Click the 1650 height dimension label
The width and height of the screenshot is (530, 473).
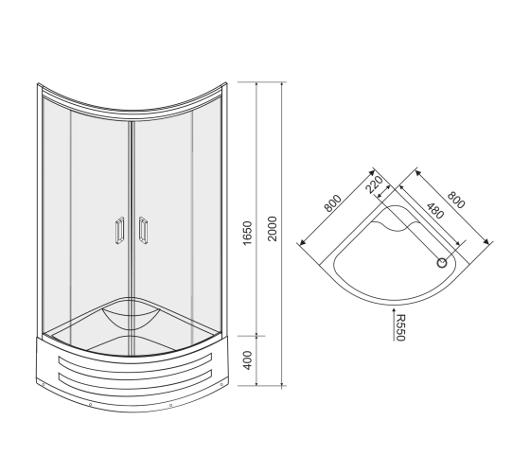[248, 233]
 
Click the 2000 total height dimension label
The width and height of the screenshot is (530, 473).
[273, 229]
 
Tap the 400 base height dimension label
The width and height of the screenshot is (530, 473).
[248, 360]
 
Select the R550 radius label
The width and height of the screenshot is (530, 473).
[400, 327]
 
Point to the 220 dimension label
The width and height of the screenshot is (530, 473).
[375, 184]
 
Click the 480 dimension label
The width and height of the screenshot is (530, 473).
[434, 211]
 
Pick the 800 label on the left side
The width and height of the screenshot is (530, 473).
[332, 203]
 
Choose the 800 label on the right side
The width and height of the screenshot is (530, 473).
[456, 200]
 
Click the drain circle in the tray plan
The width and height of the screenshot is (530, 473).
[442, 263]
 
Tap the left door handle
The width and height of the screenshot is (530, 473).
[119, 231]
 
